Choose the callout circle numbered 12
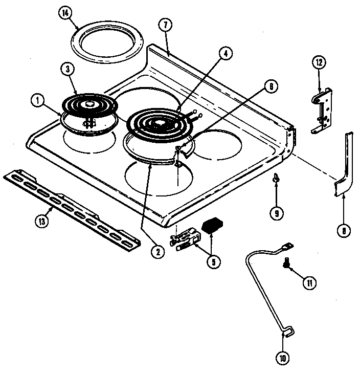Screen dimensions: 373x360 click(319, 62)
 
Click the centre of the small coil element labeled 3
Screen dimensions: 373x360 click(91, 104)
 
